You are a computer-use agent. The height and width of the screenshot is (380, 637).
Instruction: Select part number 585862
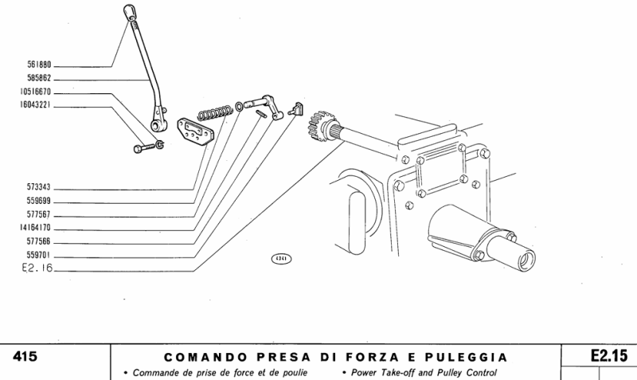point(38,80)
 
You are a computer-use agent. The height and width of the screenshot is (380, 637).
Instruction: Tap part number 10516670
point(36,92)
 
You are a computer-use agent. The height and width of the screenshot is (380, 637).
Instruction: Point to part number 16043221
point(36,105)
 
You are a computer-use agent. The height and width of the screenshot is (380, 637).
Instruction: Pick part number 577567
point(38,215)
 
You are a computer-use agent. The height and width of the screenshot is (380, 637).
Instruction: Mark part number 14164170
point(36,229)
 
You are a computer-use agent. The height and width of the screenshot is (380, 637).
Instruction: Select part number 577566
point(38,242)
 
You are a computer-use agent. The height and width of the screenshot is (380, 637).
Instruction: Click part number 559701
point(38,256)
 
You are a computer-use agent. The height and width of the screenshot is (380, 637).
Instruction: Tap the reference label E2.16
point(37,269)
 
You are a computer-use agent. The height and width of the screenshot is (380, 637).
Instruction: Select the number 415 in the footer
point(26,356)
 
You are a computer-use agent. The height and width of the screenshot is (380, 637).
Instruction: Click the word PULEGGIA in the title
point(465,357)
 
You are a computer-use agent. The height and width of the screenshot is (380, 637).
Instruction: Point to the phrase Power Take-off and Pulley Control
point(422,373)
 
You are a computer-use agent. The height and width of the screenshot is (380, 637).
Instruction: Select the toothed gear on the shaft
point(319,125)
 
